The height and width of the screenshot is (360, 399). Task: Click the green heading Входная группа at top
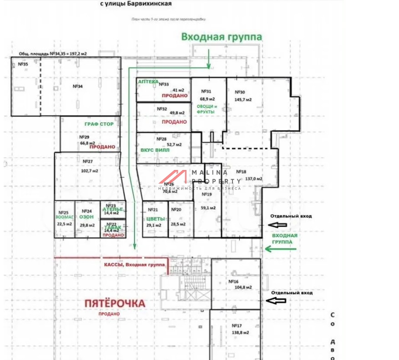point(222,37)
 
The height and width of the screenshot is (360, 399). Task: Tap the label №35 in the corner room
point(23,65)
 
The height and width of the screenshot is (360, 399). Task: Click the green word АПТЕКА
point(148,81)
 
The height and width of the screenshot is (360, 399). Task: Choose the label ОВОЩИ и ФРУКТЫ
point(207,109)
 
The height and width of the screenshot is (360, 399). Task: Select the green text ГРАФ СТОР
point(99,124)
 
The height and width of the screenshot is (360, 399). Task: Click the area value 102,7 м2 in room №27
point(90,170)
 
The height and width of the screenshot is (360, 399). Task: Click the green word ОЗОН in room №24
point(86,217)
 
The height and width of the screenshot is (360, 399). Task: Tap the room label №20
point(175,210)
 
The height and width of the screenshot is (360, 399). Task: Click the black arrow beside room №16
point(276,300)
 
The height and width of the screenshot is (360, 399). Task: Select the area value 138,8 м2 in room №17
point(240,333)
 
